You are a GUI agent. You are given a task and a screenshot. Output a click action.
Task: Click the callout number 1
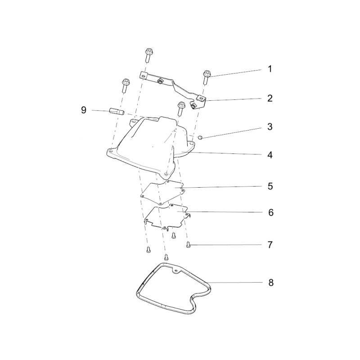(270, 69)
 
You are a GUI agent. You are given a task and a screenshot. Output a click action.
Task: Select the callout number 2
(270, 98)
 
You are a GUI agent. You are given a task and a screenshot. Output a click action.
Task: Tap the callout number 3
(270, 127)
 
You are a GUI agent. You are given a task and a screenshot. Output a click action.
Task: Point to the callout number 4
(270, 155)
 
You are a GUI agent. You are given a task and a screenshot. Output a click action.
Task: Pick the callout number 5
(270, 186)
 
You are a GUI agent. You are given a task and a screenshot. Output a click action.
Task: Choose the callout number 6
(271, 212)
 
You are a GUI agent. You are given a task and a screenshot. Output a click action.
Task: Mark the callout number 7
(270, 245)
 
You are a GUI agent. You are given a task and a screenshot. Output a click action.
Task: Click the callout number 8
(271, 283)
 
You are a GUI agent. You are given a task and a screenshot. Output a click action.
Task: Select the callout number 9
(84, 110)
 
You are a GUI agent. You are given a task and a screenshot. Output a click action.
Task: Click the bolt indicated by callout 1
(206, 77)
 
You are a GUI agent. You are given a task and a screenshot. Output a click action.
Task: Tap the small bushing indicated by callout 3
(200, 138)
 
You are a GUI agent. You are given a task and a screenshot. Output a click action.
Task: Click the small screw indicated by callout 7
(188, 245)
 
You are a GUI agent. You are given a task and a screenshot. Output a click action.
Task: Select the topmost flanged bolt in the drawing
(149, 54)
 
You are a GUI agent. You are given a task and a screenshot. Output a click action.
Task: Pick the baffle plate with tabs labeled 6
(167, 216)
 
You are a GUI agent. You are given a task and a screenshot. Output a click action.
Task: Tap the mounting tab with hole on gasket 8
(176, 271)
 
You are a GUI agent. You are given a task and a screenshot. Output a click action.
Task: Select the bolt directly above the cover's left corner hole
(126, 85)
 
